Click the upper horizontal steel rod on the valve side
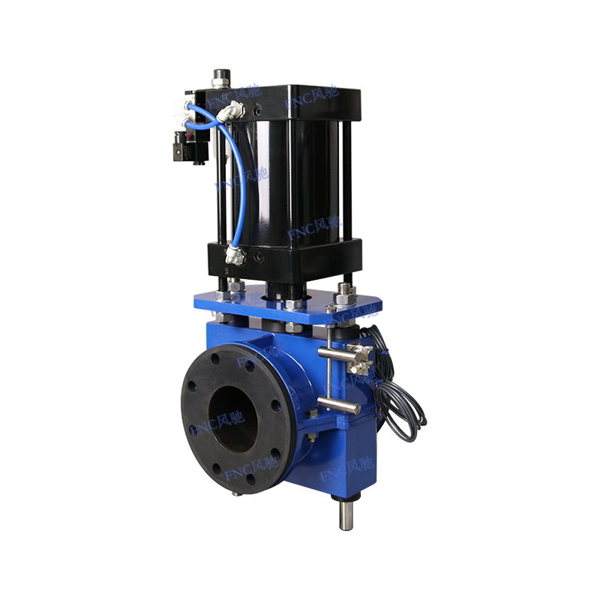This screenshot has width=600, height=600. click(x=342, y=350)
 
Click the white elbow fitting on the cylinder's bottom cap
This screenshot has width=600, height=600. click(x=235, y=257)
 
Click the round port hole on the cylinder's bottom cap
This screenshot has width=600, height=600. click(x=259, y=256)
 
